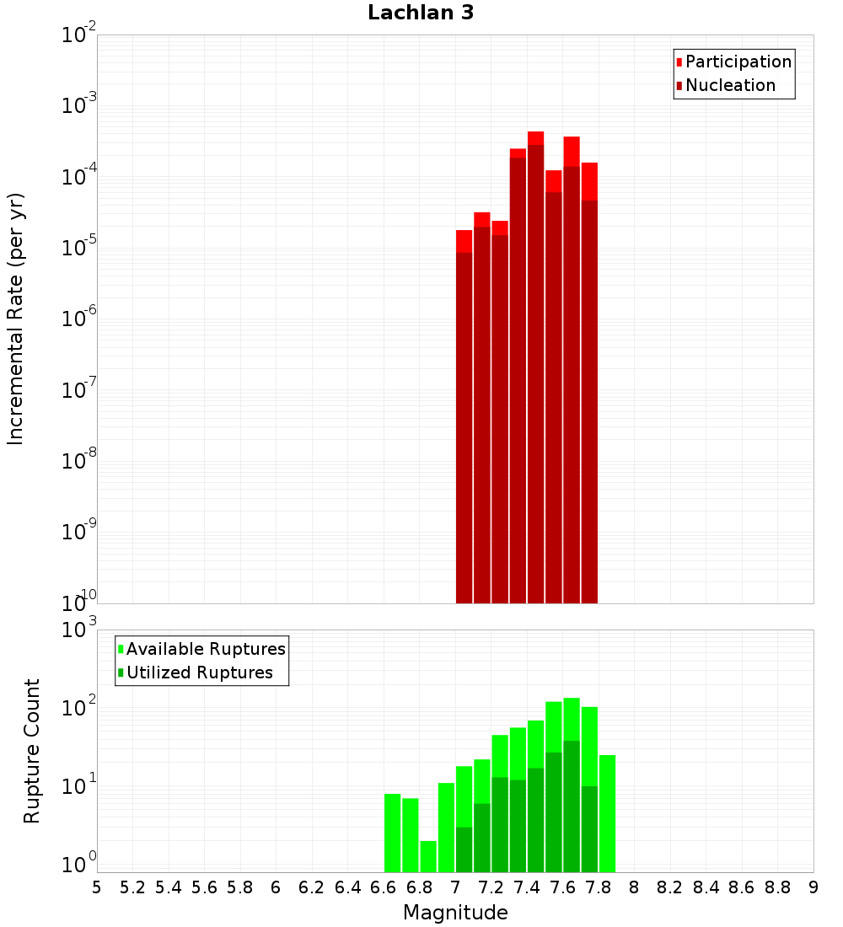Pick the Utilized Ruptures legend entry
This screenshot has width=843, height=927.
tap(199, 672)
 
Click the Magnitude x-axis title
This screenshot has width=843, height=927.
tap(455, 913)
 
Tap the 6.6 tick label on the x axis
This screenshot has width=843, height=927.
tap(384, 887)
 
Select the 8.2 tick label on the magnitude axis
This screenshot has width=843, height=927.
tap(670, 887)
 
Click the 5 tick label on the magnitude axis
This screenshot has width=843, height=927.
tap(97, 887)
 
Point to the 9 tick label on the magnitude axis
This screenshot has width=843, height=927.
tap(813, 887)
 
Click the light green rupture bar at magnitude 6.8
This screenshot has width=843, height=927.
tap(428, 856)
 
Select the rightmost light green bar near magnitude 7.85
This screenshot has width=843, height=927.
tap(607, 813)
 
